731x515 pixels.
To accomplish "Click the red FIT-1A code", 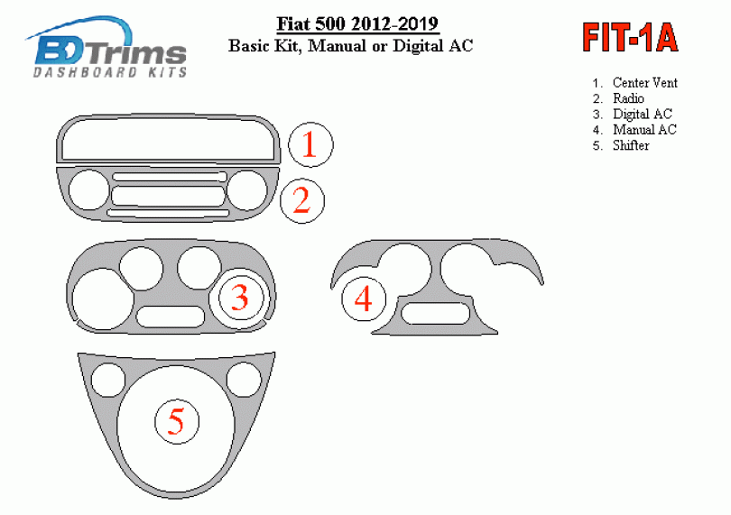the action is point(630,38).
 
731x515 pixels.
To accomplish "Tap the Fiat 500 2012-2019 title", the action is point(357,23).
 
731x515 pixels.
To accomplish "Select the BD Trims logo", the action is point(106,48).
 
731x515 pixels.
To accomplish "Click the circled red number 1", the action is point(310,144).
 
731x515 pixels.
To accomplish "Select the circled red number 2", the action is point(302,201).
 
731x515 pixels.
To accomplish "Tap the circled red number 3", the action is point(241,298).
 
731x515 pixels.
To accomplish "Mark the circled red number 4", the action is point(364,299).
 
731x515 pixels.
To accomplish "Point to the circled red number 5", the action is point(177,421).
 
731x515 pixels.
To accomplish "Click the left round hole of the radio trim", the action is point(88,190).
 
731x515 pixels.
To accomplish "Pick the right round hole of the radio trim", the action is point(247,190).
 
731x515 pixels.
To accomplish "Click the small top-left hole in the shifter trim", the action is point(108,380).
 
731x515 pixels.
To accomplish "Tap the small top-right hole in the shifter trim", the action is point(245,380).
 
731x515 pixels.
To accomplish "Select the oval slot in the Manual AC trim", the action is point(435,313).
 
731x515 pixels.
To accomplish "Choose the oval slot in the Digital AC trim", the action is point(171,317).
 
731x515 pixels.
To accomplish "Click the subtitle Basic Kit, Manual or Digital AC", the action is point(350,46).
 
